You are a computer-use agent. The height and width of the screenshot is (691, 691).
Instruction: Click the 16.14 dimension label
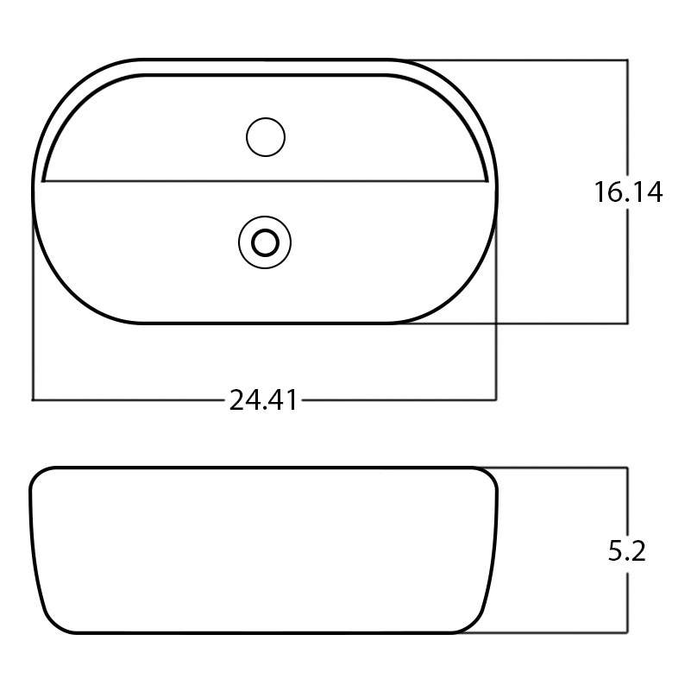627,192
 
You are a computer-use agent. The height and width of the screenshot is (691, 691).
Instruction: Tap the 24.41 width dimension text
263,400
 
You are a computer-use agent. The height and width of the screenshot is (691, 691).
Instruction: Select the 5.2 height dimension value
627,550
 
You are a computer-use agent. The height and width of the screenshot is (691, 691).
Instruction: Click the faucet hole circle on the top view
265,137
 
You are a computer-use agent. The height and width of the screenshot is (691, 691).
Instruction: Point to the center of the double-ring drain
265,242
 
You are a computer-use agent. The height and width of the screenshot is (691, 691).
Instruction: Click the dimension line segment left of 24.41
129,400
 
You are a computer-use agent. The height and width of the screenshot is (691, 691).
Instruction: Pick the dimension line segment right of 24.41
397,400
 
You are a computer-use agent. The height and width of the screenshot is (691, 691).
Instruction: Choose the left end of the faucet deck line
43,181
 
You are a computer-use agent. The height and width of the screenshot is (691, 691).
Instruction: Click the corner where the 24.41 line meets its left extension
33,400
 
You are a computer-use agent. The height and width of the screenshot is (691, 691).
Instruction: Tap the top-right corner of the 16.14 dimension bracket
627,60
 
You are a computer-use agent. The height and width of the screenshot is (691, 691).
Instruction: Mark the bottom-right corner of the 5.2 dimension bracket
627,633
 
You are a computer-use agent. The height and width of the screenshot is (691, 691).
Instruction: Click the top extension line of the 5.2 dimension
561,468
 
